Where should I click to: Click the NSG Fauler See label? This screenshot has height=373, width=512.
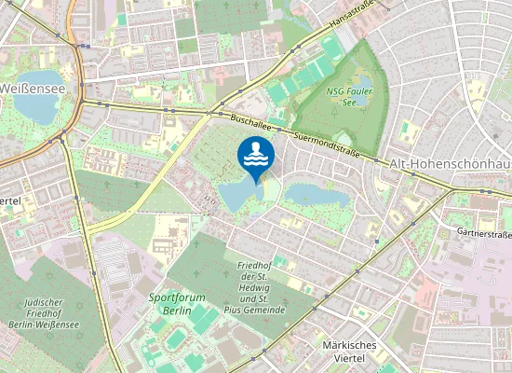click(348, 97)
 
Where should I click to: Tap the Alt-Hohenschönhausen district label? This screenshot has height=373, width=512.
click(451, 164)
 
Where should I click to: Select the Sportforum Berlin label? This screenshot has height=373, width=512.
click(177, 304)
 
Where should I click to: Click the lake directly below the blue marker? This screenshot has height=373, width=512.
click(241, 193)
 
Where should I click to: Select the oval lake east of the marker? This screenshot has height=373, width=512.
click(316, 196)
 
